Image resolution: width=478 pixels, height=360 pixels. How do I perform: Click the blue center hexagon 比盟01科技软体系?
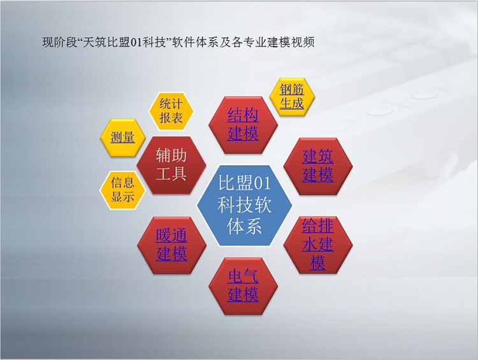pos(244,205)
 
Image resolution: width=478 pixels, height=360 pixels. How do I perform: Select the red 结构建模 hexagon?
pos(243,125)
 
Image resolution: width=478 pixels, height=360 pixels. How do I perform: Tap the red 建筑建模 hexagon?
pos(318,166)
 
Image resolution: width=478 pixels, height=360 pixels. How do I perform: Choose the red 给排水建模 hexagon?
pos(318,245)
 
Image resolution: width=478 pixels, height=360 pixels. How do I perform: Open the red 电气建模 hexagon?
pos(243,286)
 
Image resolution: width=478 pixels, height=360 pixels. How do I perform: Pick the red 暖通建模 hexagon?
pos(171,245)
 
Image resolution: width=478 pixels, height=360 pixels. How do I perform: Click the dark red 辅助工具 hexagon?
pos(171,165)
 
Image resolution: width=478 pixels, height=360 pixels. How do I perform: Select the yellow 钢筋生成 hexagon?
pos(292,97)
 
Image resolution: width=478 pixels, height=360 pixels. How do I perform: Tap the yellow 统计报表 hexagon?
pos(171,111)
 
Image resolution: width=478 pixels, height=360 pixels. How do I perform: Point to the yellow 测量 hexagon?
pos(122,138)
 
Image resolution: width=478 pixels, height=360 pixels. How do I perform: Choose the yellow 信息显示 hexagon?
pos(122,191)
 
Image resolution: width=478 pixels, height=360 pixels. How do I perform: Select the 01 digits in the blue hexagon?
pos(262,184)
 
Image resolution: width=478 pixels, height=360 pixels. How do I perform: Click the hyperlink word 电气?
pos(243,277)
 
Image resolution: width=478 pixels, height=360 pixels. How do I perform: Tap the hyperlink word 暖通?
pos(171,235)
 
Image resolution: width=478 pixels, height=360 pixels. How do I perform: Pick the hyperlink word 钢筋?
pos(292,90)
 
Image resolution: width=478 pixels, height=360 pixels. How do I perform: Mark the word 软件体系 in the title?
pos(196,42)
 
